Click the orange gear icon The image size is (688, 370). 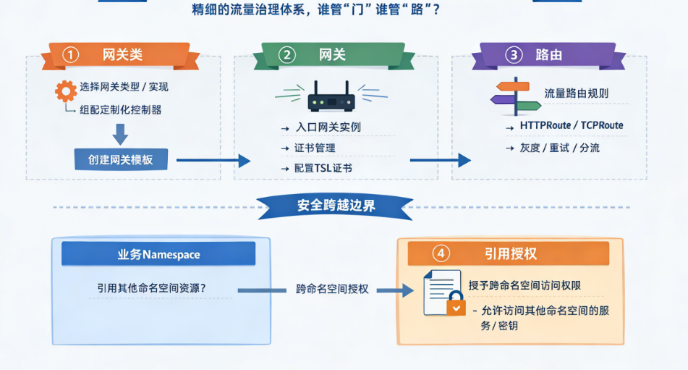coord(66,91)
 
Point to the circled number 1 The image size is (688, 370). coord(70,55)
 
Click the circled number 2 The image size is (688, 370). coord(287,55)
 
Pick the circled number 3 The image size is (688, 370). coord(513,55)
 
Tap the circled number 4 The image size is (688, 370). coord(440,253)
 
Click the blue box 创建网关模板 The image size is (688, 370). coord(121,159)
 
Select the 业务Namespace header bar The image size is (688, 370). coord(158,254)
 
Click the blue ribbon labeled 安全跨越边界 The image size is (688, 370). coord(336,205)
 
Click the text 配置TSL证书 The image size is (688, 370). coord(323,168)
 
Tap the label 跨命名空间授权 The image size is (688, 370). coord(332,289)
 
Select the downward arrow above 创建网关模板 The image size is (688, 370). coord(120,133)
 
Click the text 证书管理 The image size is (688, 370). coord(315,148)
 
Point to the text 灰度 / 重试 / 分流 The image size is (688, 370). coord(559,148)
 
